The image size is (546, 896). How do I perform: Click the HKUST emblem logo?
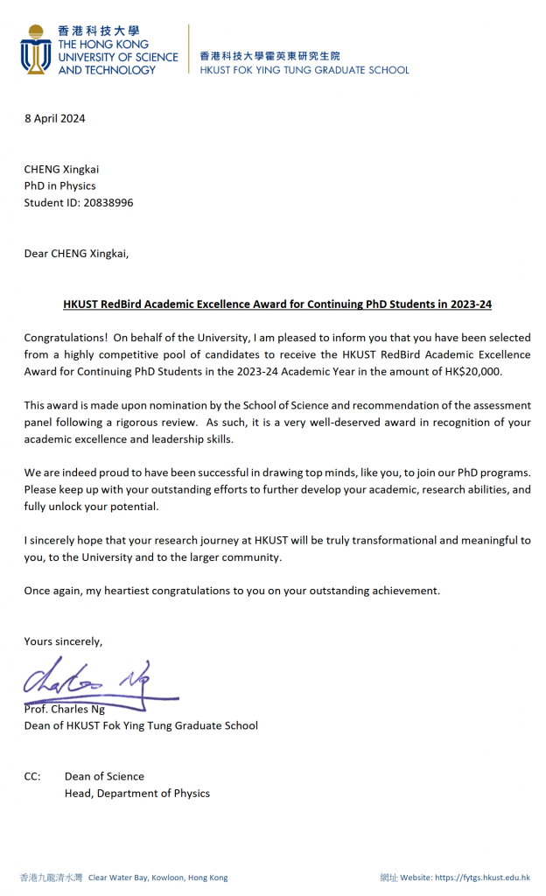tap(36, 50)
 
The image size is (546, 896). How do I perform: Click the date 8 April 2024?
tap(54, 119)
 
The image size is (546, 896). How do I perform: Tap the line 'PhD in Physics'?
tap(59, 185)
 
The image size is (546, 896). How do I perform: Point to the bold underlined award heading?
tap(277, 304)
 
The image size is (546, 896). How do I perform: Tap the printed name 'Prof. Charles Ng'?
tap(65, 710)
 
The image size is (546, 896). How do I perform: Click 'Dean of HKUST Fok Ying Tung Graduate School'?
tap(141, 725)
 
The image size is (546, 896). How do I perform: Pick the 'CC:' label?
tap(32, 776)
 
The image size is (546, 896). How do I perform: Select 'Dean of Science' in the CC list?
tap(104, 776)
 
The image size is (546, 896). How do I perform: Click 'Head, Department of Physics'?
tap(137, 794)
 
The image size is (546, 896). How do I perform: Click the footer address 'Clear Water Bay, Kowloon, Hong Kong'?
tap(157, 877)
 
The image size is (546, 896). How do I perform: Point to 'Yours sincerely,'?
tap(63, 641)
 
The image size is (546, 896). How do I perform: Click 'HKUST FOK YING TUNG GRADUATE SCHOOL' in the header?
tap(304, 70)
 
